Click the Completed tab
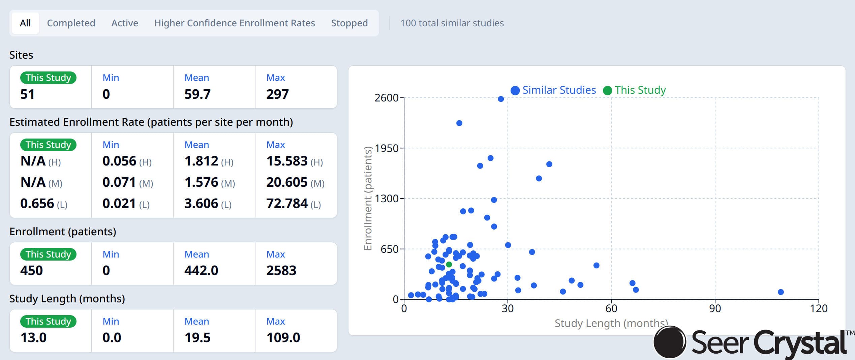pos(71,23)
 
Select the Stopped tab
pos(349,23)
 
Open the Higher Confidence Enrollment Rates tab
pos(235,23)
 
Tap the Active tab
pos(125,23)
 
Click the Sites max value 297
pos(277,94)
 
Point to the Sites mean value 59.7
pos(197,94)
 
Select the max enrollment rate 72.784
pos(287,204)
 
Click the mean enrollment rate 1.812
pos(202,161)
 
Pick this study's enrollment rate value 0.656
pos(37,204)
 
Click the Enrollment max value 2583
pos(281,270)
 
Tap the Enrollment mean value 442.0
pos(201,270)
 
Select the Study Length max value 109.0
pos(283,337)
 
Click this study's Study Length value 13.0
pos(33,337)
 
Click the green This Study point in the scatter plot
pos(449,265)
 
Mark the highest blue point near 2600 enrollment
pos(501,99)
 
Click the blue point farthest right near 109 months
pos(781,292)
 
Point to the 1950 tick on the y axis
pos(387,148)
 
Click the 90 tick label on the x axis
pos(715,308)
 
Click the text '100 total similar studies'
pos(452,23)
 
